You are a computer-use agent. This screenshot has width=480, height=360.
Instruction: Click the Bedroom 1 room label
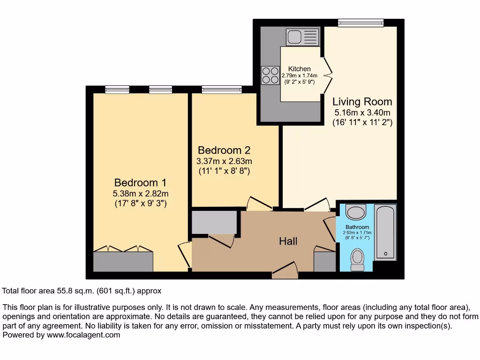141,182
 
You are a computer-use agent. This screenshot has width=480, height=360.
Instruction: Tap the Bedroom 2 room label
224,150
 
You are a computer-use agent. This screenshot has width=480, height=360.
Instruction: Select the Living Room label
362,101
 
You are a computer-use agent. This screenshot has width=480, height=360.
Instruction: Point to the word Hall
288,241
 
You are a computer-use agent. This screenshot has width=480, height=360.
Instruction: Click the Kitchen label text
299,69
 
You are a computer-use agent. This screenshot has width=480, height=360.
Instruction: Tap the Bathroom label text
357,227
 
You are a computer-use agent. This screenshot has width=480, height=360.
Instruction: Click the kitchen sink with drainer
302,37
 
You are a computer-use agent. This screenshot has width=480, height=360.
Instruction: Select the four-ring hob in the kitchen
270,75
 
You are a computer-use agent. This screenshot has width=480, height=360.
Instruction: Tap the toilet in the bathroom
358,259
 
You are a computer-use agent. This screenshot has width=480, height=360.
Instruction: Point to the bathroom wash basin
356,212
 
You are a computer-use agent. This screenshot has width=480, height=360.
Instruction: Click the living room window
361,22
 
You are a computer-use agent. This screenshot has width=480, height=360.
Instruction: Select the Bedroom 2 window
222,89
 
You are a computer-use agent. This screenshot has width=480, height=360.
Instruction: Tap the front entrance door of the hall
285,270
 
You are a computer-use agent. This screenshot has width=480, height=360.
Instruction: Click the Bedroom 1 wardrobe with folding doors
123,260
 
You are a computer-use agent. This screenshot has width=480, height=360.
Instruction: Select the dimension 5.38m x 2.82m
141,194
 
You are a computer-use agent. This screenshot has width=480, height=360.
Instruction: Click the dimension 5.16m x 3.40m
362,112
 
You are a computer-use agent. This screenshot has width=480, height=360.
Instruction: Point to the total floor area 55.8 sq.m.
82,291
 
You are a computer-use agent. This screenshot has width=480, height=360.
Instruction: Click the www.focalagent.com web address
82,335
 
